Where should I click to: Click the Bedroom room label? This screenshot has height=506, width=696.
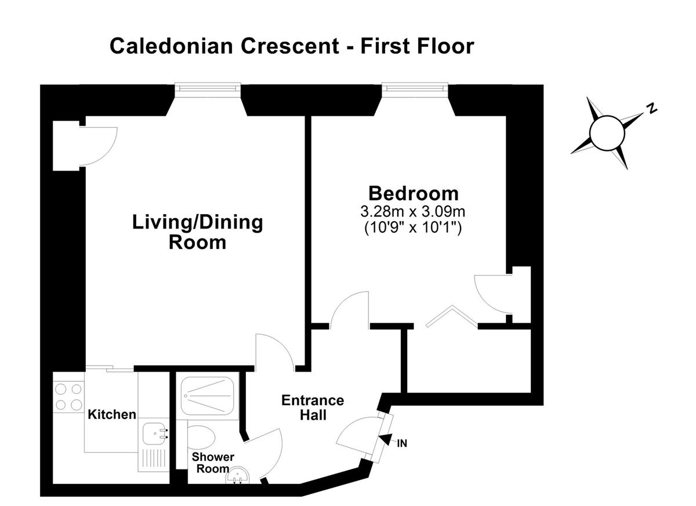[413, 194]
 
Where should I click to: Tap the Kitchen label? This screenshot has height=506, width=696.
[112, 415]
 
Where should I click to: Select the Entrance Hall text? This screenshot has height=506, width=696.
[313, 407]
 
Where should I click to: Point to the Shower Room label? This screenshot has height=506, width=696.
[213, 462]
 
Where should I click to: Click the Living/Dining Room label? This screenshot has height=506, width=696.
[198, 232]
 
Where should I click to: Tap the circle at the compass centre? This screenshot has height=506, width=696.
[607, 133]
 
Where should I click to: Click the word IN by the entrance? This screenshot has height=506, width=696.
[402, 443]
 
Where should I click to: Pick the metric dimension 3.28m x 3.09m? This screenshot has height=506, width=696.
[412, 212]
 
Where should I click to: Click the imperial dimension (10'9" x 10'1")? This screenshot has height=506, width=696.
[413, 228]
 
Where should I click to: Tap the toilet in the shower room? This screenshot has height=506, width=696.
[201, 438]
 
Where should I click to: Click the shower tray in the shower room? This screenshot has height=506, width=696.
[207, 396]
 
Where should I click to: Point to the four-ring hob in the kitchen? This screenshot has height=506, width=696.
[68, 397]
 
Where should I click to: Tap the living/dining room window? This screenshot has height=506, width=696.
[208, 88]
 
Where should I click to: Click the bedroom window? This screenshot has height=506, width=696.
[415, 88]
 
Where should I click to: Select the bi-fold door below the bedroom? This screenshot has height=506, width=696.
[452, 317]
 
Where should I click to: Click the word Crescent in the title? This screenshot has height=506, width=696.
[289, 46]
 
